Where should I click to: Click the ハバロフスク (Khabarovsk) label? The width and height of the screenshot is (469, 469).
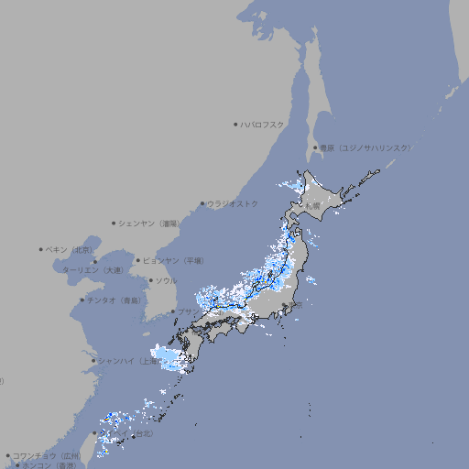click(x=263, y=124)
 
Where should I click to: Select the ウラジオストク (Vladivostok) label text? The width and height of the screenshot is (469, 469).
click(x=233, y=203)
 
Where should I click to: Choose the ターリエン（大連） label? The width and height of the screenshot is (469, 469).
click(x=92, y=270)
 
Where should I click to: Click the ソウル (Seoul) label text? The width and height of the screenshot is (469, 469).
click(x=166, y=280)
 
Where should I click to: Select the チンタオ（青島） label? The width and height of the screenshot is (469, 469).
click(x=115, y=300)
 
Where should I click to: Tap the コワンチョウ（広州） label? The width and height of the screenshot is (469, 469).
click(x=47, y=455)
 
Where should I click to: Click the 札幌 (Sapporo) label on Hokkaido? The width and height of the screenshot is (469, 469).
click(x=314, y=207)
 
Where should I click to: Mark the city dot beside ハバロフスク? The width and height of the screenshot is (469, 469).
click(x=235, y=124)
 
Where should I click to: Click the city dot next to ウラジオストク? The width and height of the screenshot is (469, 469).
click(x=202, y=203)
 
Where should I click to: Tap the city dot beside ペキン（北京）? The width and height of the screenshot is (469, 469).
click(x=41, y=249)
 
